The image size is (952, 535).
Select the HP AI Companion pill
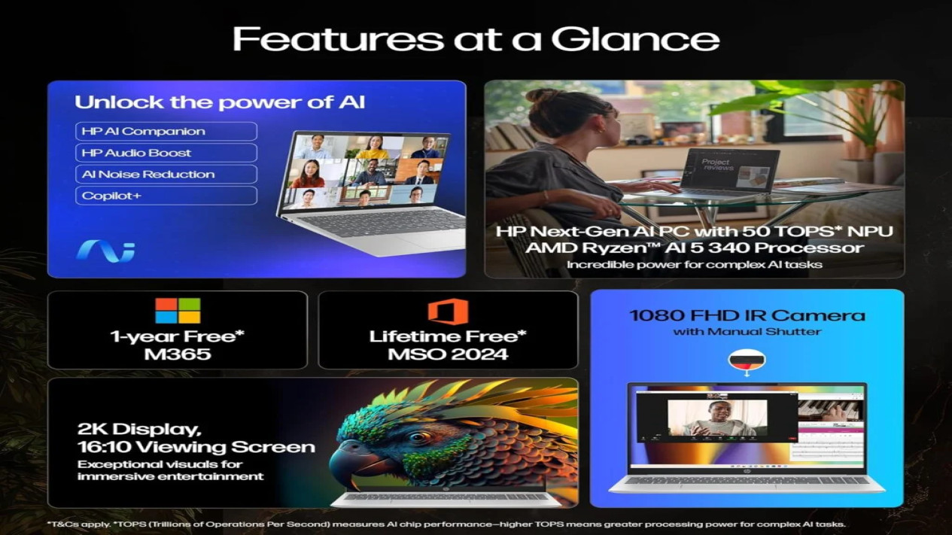pos(166,132)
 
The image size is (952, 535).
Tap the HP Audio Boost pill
pos(166,153)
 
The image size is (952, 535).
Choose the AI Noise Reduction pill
pos(166,175)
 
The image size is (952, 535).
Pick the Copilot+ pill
pos(166,196)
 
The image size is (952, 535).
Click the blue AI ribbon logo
pos(105,251)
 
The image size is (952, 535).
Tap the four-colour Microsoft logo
pos(178,311)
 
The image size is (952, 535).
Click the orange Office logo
pos(448,312)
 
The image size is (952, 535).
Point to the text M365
pos(177,354)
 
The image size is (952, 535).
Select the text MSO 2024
pos(448,354)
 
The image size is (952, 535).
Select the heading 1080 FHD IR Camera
pos(747,316)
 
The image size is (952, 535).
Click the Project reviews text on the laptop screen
pos(716,165)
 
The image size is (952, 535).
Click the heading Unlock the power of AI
pos(220,102)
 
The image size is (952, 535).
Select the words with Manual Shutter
pos(747,331)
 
